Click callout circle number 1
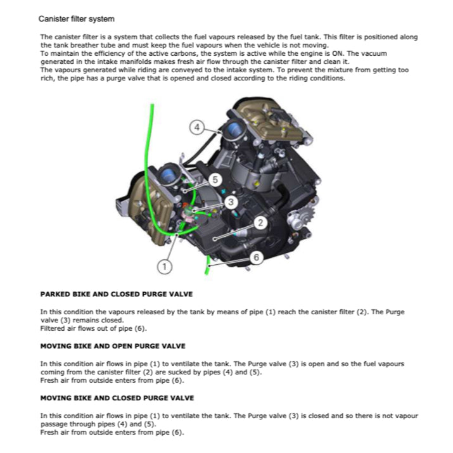click(x=165, y=267)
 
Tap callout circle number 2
click(x=260, y=222)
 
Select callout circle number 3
click(x=232, y=202)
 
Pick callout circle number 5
click(x=215, y=180)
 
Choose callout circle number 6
click(x=256, y=257)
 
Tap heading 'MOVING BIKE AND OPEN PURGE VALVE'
click(x=112, y=347)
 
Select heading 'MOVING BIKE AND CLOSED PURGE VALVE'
click(x=117, y=398)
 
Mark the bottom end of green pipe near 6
click(x=207, y=272)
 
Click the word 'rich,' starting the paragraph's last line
click(x=48, y=79)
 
